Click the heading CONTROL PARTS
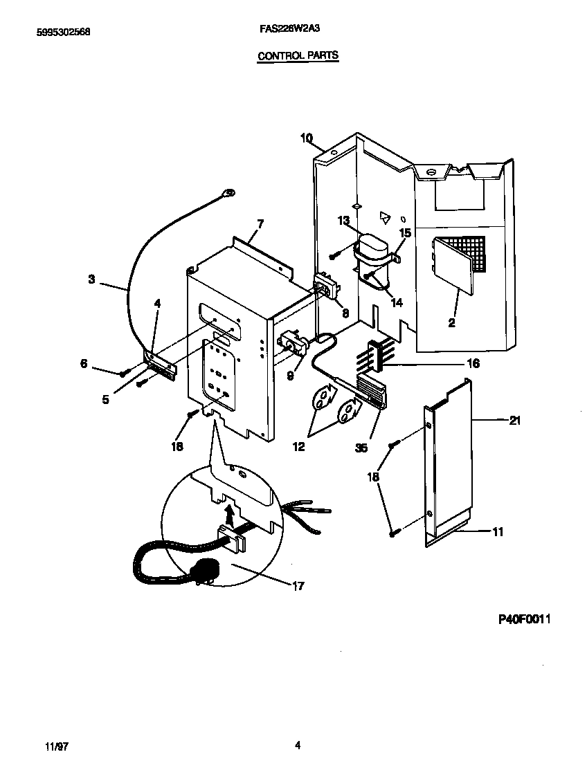298,55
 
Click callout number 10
307,138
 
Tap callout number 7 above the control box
260,223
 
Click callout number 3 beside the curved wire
92,279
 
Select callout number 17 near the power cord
298,587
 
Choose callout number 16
473,363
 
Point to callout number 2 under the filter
451,322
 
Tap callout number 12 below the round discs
299,447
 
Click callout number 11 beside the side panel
498,532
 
